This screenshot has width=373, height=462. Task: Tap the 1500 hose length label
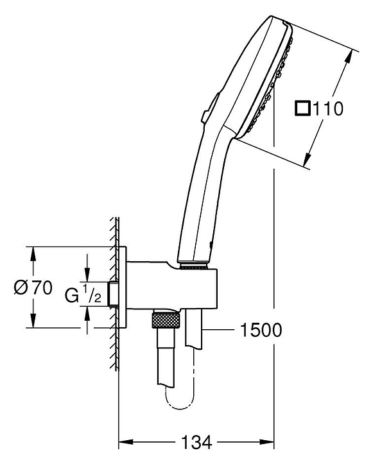(x=261, y=330)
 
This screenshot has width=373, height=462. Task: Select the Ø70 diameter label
(x=33, y=287)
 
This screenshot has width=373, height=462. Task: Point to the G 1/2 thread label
(x=83, y=294)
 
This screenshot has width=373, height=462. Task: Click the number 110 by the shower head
(x=327, y=108)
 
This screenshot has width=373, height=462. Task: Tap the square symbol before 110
(x=302, y=108)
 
